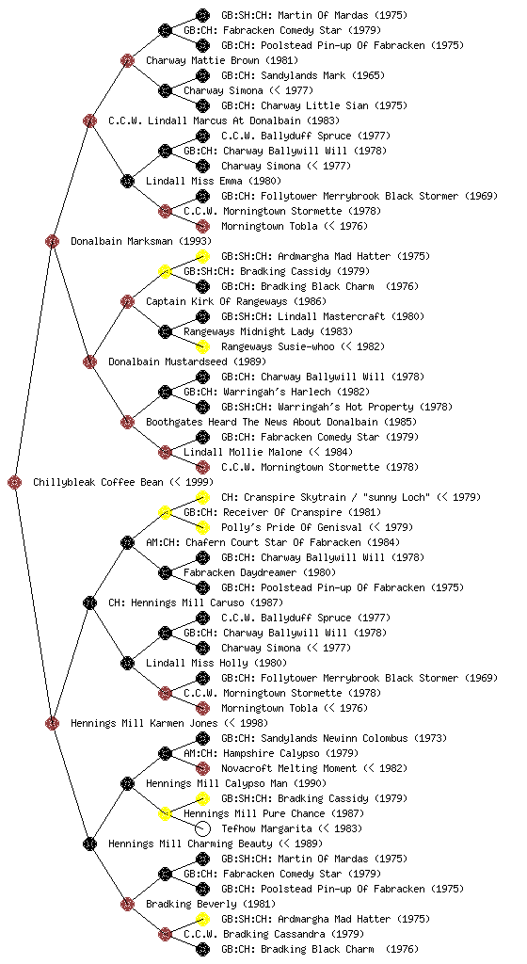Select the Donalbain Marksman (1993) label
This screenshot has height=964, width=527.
(x=140, y=241)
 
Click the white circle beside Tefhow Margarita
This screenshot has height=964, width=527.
(x=202, y=828)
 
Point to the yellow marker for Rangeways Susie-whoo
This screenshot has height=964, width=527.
(x=202, y=346)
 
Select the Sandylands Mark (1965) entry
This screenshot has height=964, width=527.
(x=303, y=75)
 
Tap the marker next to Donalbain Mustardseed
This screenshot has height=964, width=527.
(x=89, y=361)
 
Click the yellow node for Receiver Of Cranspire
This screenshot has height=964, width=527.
(x=165, y=512)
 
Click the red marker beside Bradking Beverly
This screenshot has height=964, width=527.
(x=127, y=904)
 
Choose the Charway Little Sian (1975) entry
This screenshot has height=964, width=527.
(x=314, y=105)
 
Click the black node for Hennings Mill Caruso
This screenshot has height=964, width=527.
(x=89, y=602)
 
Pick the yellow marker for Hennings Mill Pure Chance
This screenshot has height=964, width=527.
(x=165, y=813)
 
